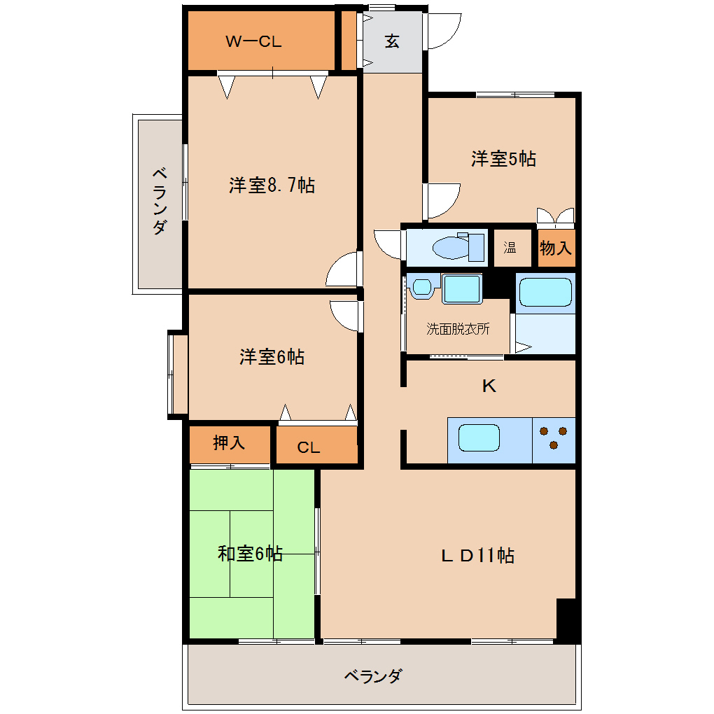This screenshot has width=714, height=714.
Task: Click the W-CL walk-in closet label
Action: pyautogui.click(x=253, y=41)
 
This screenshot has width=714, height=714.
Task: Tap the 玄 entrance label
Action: pyautogui.click(x=391, y=41)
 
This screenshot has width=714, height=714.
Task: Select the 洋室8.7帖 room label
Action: pyautogui.click(x=272, y=185)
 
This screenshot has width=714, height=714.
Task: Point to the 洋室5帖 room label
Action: pyautogui.click(x=503, y=158)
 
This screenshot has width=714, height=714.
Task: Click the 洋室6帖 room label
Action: pyautogui.click(x=272, y=356)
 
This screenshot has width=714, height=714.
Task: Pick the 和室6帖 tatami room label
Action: pyautogui.click(x=250, y=553)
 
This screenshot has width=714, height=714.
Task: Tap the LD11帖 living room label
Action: pyautogui.click(x=477, y=555)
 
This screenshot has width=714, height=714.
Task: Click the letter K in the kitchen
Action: pyautogui.click(x=489, y=386)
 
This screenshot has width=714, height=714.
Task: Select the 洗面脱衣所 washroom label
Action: pyautogui.click(x=458, y=328)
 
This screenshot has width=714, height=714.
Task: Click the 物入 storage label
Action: pyautogui.click(x=556, y=248)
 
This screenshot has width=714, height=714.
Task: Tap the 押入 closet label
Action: pyautogui.click(x=229, y=442)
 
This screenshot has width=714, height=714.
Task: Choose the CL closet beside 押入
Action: pyautogui.click(x=316, y=445)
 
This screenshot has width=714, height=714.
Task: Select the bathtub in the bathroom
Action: pyautogui.click(x=545, y=293)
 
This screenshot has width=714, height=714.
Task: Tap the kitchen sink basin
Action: pyautogui.click(x=479, y=438)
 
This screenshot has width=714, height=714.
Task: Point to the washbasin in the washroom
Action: pyautogui.click(x=421, y=287)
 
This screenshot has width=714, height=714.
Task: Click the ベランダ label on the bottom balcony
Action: pyautogui.click(x=373, y=675)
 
